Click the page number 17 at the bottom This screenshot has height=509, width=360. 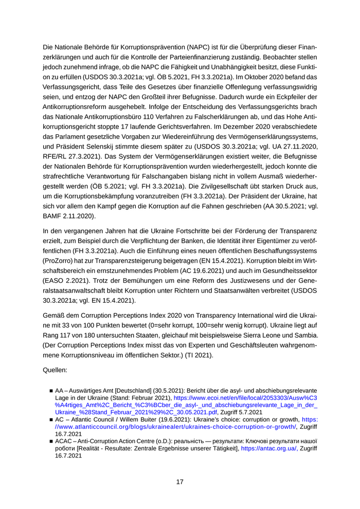180,482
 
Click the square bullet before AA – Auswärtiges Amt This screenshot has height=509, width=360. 51,391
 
